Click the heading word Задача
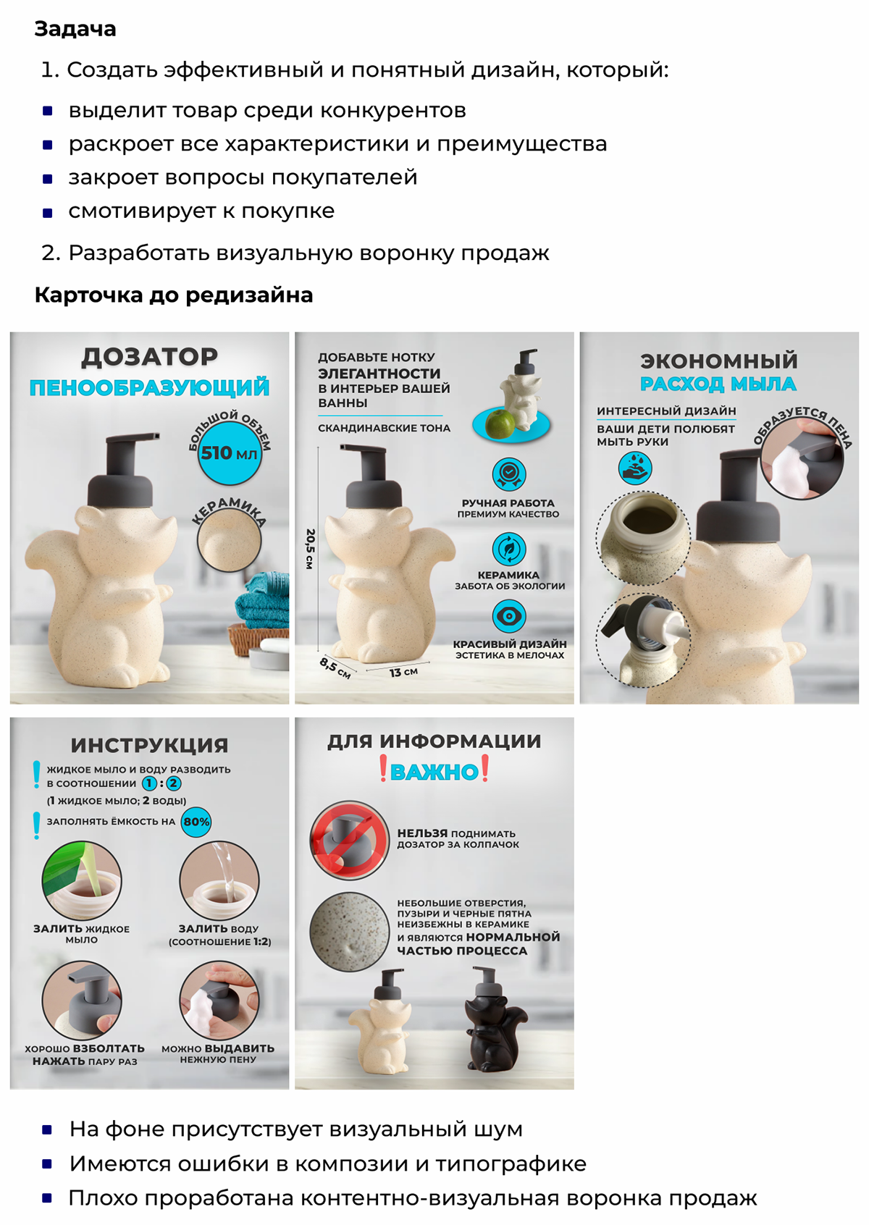coord(75,29)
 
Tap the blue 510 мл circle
coord(229,452)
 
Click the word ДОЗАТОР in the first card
coord(149,357)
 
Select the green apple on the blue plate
coord(499,423)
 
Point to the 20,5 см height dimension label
coord(310,549)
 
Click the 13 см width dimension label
coord(403,672)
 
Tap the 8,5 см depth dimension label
coord(335,668)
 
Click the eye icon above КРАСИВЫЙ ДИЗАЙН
coord(509,616)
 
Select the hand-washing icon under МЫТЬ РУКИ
coord(634,468)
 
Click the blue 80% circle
coord(196,822)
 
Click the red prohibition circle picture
coord(350,840)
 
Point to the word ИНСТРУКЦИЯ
coord(149,746)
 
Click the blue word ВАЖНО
coord(434,772)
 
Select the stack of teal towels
coord(262,600)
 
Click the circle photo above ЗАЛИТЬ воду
coord(219,881)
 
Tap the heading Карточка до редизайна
coord(174,295)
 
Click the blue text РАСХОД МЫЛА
coord(718,384)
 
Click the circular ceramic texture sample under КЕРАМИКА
coord(229,540)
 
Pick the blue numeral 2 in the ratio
coord(173,783)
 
